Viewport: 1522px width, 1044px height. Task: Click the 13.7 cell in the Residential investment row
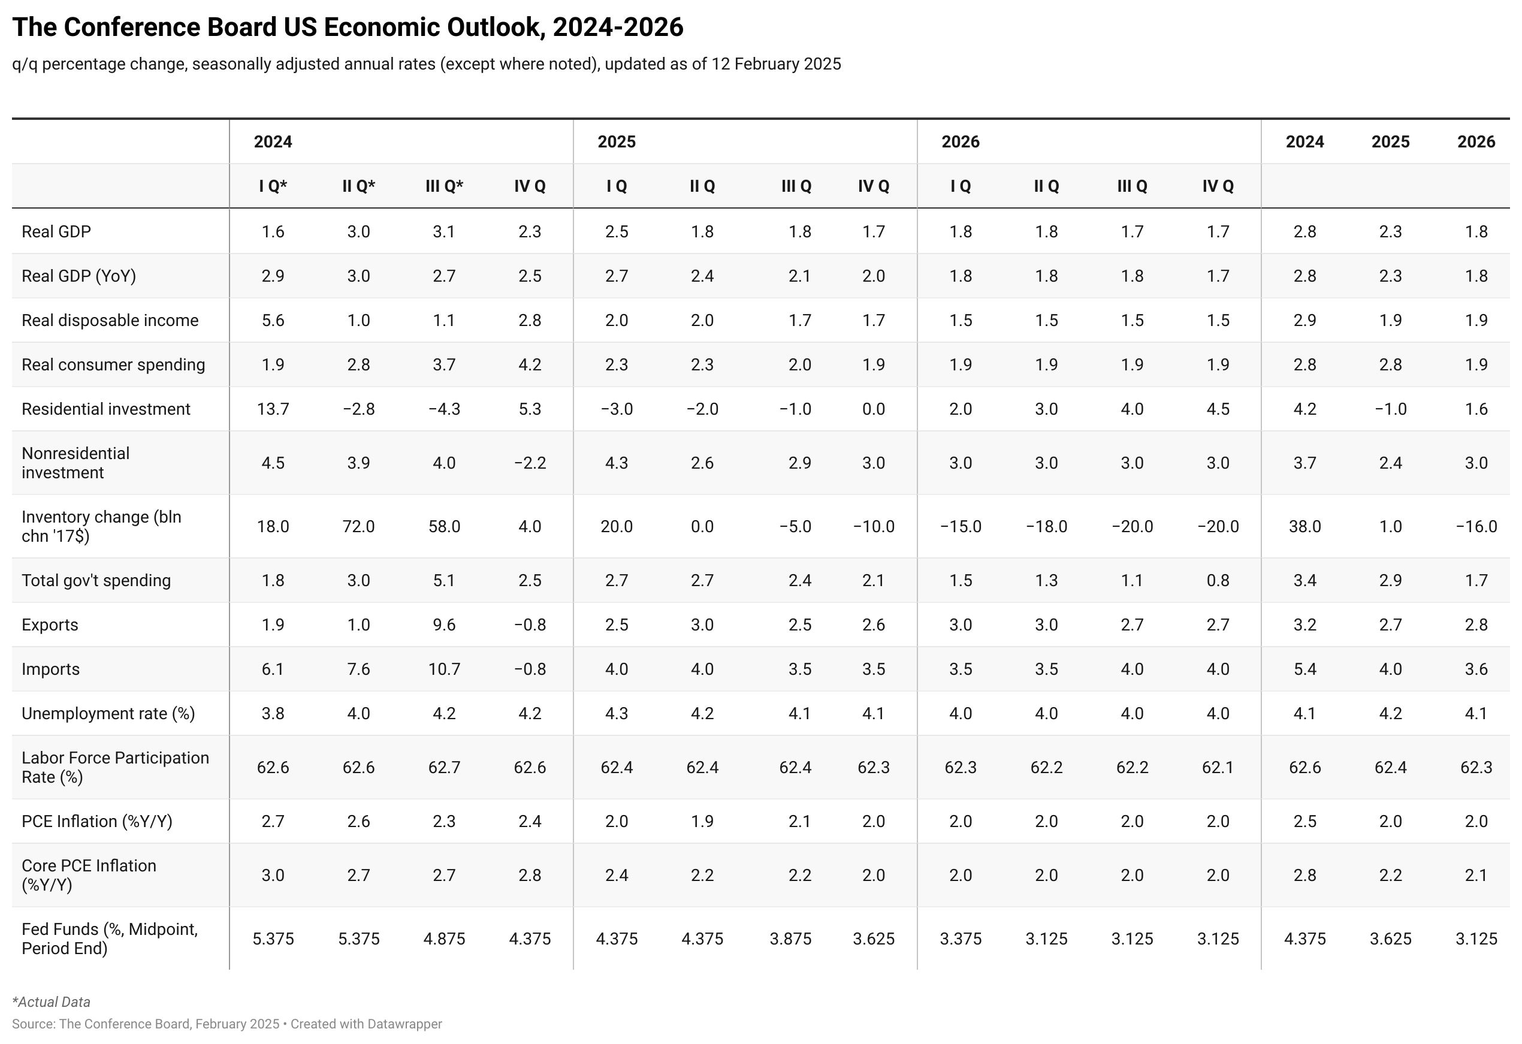[273, 409]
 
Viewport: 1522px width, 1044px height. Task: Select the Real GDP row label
[56, 232]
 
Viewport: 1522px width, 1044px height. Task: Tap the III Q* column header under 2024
[444, 186]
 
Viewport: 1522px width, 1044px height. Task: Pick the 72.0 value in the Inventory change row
[358, 527]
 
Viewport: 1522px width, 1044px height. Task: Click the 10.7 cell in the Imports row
[444, 669]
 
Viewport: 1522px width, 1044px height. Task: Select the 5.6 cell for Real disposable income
[273, 320]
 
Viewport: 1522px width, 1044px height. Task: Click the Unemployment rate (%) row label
[108, 714]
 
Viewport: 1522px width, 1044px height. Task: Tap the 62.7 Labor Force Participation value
[444, 768]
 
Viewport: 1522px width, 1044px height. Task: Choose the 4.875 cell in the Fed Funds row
[444, 939]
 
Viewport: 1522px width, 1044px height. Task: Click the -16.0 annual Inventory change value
[1476, 527]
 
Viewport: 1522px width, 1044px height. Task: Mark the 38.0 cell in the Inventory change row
[1304, 527]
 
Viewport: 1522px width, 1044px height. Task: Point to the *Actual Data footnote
[51, 1002]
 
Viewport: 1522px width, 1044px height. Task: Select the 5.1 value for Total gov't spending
[444, 581]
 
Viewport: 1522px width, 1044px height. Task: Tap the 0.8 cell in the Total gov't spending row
[1218, 581]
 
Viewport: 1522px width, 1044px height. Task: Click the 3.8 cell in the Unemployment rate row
[273, 714]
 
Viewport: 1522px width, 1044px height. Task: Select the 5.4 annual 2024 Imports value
[1304, 669]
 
